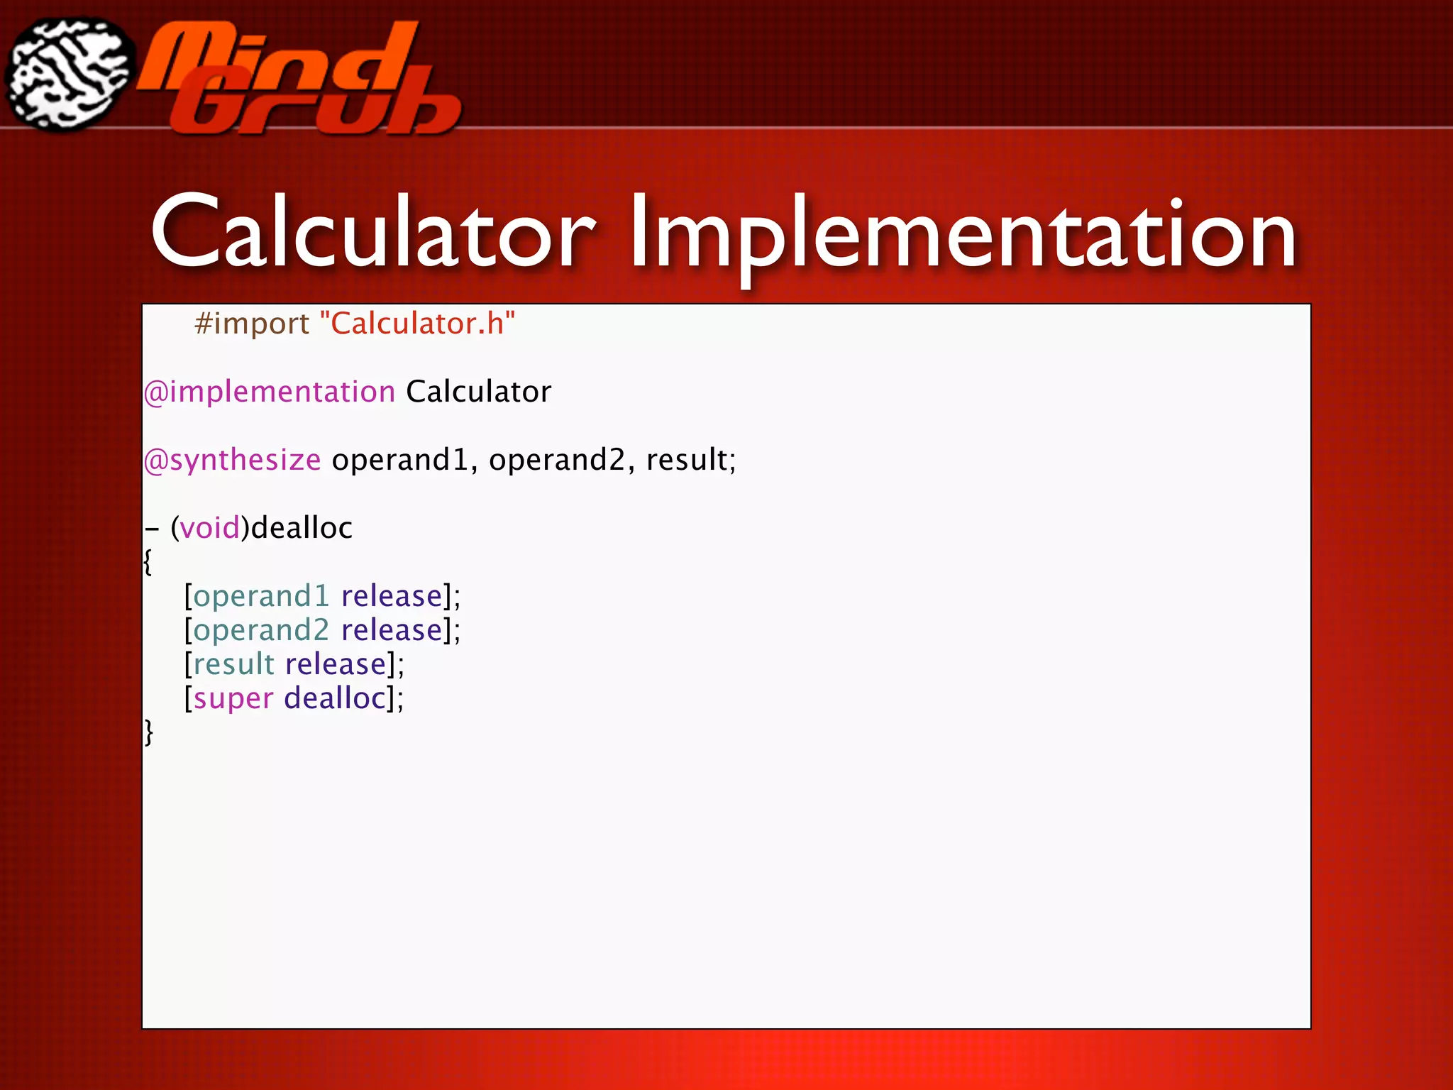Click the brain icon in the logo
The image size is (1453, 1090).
(x=70, y=75)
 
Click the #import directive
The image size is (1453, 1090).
(x=252, y=324)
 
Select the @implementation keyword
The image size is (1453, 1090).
(x=270, y=392)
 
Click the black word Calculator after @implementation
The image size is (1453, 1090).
(x=478, y=392)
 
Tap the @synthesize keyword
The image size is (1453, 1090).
(x=233, y=461)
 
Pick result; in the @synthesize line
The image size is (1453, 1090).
(x=691, y=461)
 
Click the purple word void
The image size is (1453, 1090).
(x=210, y=528)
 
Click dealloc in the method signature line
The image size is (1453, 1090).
(x=302, y=528)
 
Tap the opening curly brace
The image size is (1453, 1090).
(x=148, y=563)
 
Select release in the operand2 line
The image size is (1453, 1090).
(x=392, y=630)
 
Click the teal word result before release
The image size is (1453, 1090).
(x=233, y=664)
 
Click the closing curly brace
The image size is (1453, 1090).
(x=148, y=732)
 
